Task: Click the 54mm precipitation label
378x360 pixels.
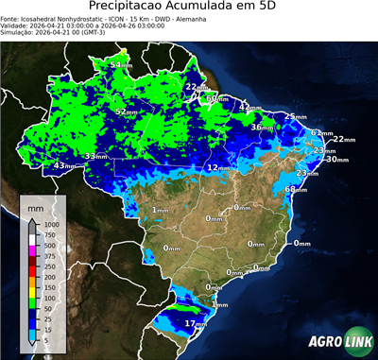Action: pos(121,64)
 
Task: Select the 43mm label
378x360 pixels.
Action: pos(63,165)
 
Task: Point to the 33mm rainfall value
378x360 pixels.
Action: pos(95,156)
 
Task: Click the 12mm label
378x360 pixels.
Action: pos(217,167)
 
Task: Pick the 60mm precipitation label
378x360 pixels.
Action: pos(216,97)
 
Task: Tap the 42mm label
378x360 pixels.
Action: pos(248,107)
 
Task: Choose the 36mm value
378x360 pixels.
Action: pos(261,127)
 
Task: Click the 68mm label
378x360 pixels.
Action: pos(295,190)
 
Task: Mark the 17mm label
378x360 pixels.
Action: pos(195,324)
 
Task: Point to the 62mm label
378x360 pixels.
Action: pos(322,133)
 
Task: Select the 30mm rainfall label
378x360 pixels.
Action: pos(335,160)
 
